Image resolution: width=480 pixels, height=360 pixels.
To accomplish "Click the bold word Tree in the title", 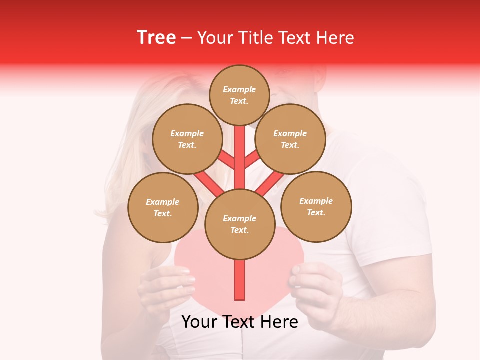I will [156, 37].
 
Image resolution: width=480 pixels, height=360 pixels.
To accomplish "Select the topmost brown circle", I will [239, 95].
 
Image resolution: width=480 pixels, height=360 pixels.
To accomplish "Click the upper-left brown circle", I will [187, 139].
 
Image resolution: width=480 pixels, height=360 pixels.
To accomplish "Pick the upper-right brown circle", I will [290, 139].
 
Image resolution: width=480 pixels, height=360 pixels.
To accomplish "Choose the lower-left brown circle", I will [162, 207].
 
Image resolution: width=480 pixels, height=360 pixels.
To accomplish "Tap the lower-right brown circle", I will [316, 206].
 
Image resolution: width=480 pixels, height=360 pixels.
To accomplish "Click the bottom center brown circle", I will [239, 224].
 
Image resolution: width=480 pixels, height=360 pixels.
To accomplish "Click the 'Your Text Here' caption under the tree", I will [239, 322].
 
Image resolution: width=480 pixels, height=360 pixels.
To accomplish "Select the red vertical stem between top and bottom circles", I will [239, 157].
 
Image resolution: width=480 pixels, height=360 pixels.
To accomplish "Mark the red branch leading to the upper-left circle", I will [226, 159].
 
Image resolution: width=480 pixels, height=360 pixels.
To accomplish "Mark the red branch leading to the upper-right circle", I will [252, 159].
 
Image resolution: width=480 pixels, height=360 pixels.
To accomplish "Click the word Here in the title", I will [336, 38].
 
